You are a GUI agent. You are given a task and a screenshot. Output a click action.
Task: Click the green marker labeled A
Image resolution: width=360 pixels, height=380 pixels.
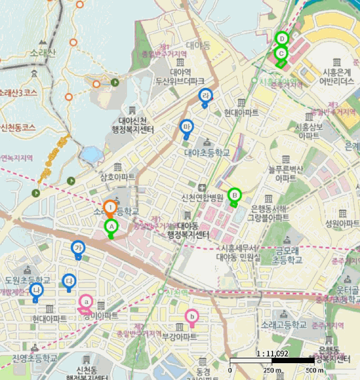[111, 226]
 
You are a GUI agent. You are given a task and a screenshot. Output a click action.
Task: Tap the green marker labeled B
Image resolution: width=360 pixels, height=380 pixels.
[235, 194]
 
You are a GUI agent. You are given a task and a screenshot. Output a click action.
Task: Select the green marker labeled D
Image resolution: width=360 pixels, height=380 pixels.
[281, 39]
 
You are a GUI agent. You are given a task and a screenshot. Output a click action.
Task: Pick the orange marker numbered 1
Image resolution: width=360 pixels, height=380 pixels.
[110, 207]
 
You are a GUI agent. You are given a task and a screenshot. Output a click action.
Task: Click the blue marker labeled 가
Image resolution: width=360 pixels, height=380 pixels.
[79, 248]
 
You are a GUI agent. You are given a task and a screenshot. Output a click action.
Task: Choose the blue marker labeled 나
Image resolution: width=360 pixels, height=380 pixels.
[36, 290]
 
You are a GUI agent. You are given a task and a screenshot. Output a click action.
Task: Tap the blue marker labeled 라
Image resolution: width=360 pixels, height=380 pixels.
[205, 96]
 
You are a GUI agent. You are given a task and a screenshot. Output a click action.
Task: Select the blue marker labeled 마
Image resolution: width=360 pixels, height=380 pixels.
[187, 127]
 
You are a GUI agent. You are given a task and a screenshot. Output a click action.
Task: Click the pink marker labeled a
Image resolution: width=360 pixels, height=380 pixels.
[86, 301]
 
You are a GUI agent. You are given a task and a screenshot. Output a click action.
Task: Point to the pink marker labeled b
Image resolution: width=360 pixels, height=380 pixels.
[191, 316]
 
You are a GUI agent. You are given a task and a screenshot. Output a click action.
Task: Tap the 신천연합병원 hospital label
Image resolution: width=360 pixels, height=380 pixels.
[203, 197]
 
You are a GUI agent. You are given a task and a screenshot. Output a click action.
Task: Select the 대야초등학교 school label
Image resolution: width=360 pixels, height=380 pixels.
[207, 154]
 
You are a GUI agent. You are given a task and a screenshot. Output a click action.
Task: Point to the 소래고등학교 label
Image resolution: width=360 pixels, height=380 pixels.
[283, 325]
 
